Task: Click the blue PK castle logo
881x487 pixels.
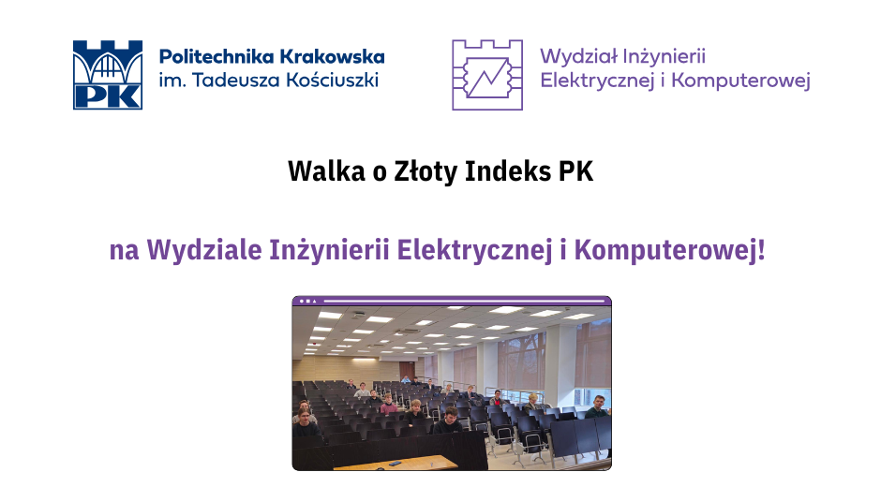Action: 108,75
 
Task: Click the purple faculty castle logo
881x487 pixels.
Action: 487,75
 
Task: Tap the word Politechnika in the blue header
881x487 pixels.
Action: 217,57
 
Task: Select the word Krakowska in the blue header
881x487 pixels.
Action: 332,57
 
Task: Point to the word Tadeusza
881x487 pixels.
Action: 236,81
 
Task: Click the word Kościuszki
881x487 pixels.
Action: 333,81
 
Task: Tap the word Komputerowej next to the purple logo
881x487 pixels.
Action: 740,81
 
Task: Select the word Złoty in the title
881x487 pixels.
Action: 426,172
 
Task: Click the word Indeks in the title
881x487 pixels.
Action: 508,171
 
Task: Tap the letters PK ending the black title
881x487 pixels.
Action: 575,172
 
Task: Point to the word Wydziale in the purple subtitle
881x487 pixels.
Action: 204,250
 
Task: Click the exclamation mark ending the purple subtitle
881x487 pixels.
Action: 761,250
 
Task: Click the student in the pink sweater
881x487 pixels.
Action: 388,405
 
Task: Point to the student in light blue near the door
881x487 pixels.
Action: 406,379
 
